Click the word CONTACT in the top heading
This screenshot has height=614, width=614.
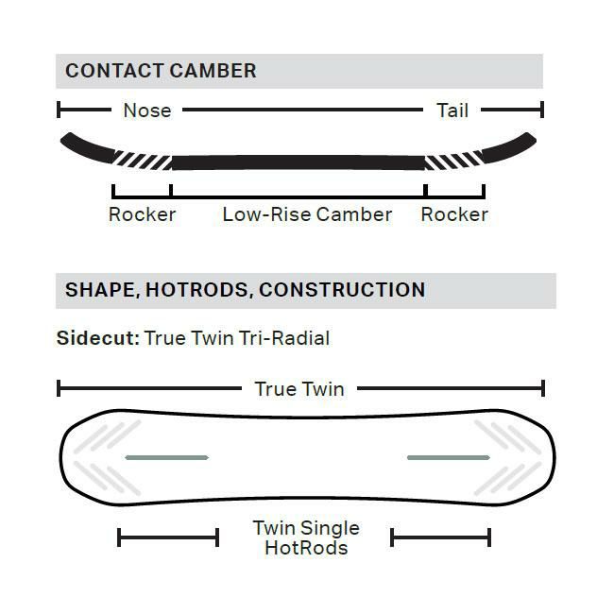click(x=114, y=71)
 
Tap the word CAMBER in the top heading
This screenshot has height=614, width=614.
click(x=213, y=71)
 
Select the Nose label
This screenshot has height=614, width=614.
click(x=147, y=111)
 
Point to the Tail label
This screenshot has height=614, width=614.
click(x=452, y=111)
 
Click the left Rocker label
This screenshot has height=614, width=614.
click(x=142, y=214)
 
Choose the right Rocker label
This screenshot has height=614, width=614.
click(x=454, y=214)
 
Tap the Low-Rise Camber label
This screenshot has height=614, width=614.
click(x=307, y=214)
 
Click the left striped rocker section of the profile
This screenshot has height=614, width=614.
click(x=143, y=160)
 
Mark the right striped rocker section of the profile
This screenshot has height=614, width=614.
click(x=454, y=160)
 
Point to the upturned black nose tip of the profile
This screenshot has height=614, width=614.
click(x=87, y=147)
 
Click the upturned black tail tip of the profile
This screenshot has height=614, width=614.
click(x=509, y=147)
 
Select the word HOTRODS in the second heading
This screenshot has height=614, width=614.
click(x=197, y=290)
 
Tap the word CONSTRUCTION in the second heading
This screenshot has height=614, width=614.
click(x=342, y=290)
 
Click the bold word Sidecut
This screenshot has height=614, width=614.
click(x=98, y=338)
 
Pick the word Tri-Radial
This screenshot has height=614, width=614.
click(x=284, y=338)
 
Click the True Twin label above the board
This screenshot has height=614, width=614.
click(x=299, y=389)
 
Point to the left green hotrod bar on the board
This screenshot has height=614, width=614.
click(x=167, y=457)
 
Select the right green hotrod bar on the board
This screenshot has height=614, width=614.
click(x=449, y=457)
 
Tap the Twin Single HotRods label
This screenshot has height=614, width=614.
click(x=306, y=537)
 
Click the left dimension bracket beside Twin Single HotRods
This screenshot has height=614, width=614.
click(x=168, y=537)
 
